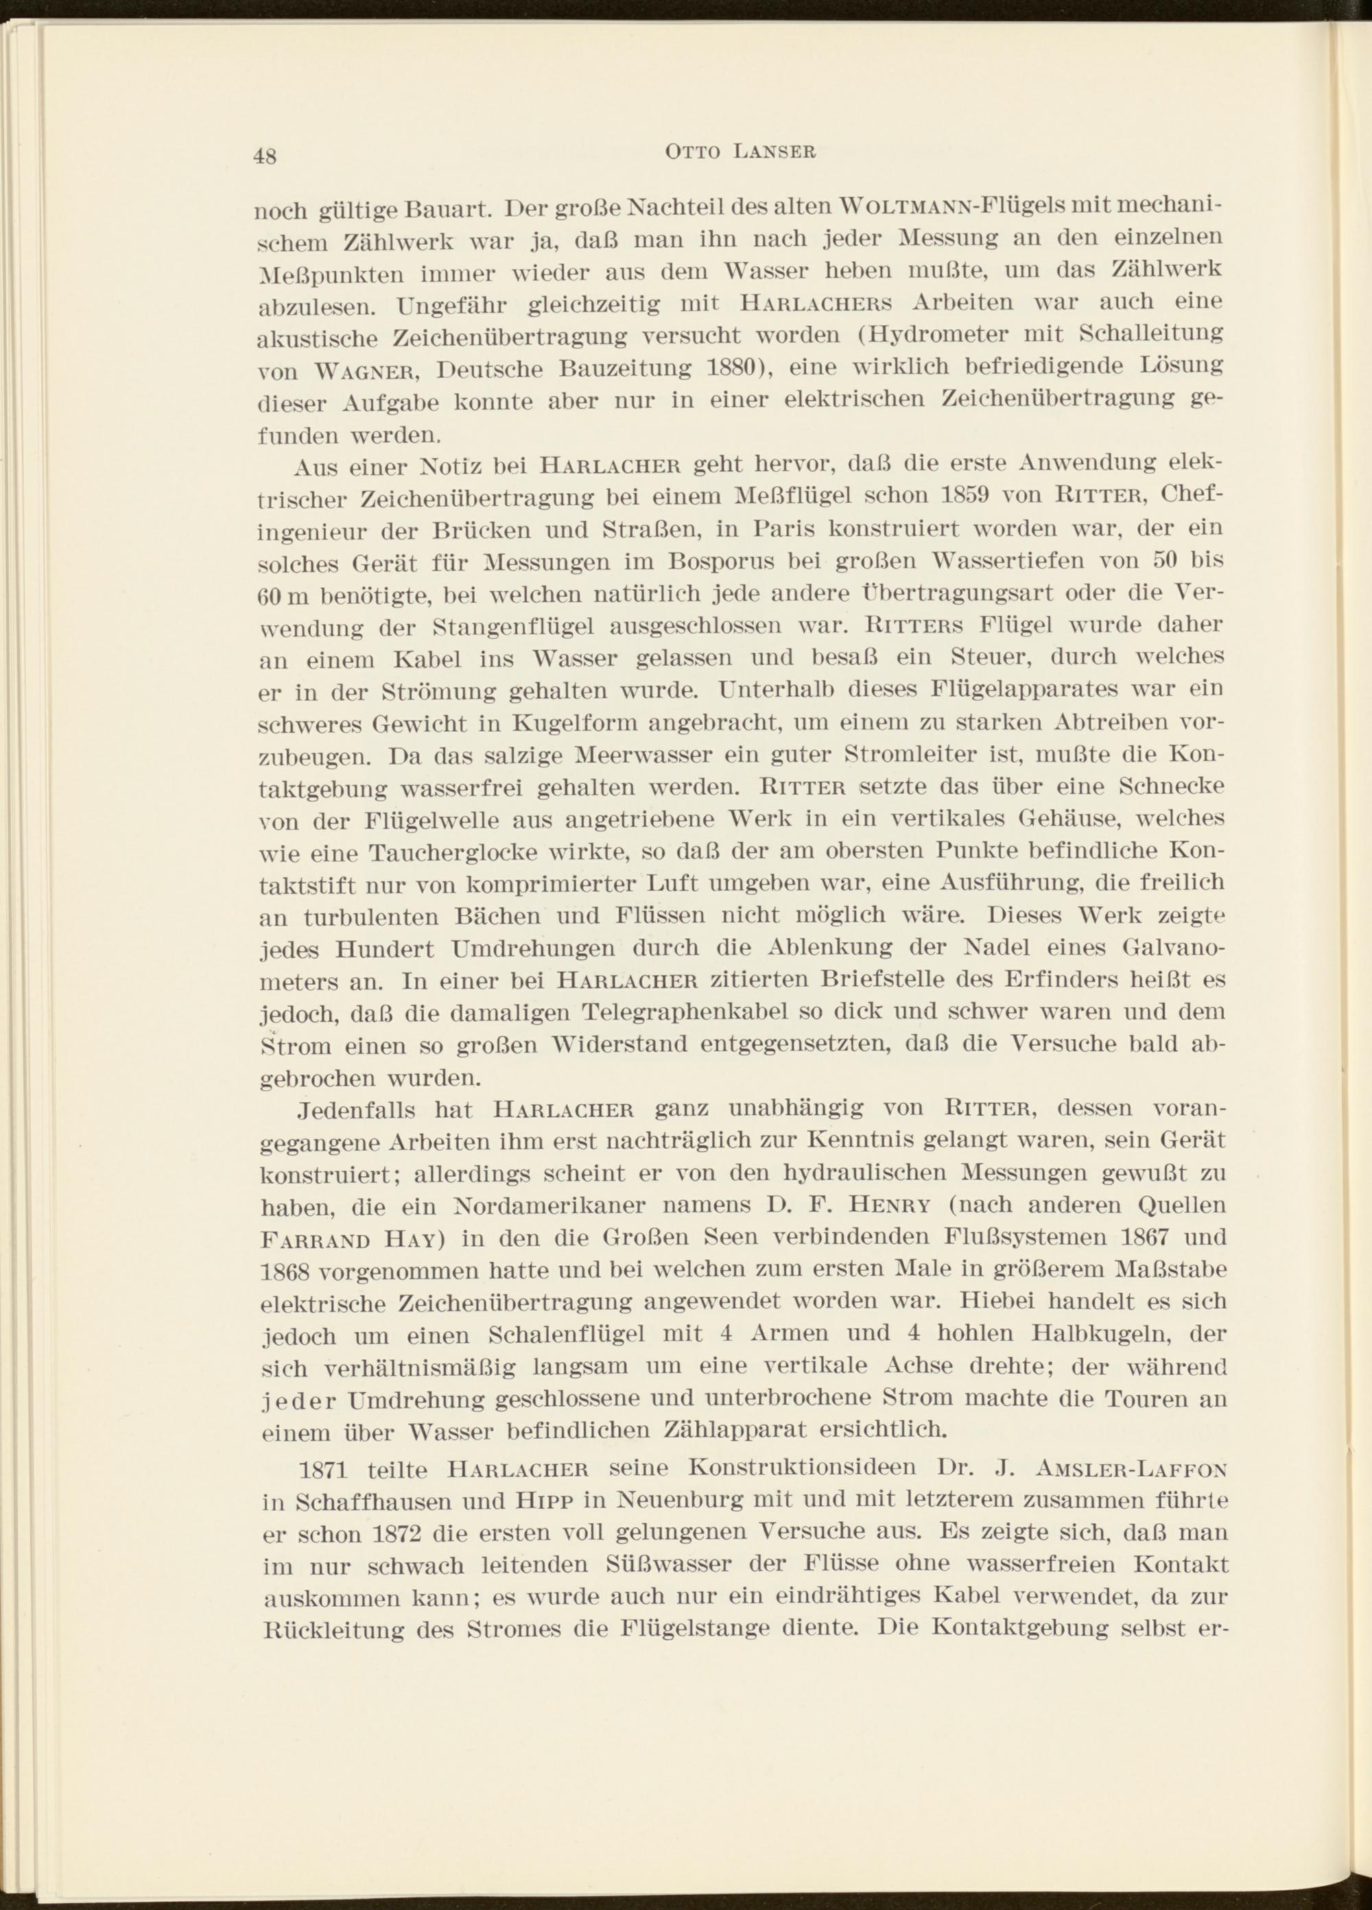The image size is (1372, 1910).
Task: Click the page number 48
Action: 265,156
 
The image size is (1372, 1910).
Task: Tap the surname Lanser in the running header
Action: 776,152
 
